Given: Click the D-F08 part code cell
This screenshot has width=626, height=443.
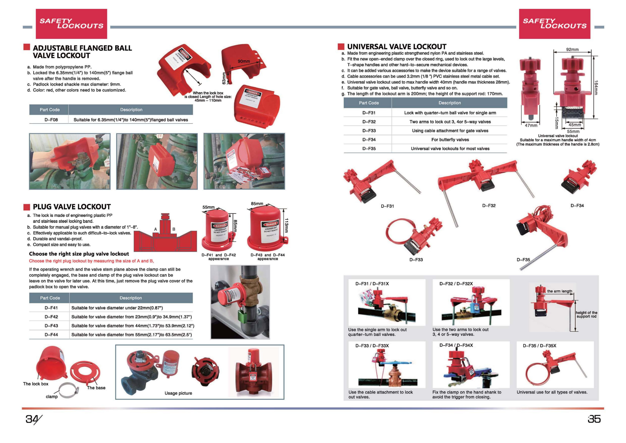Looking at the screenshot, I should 51,120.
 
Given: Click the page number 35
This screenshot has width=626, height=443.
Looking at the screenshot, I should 594,419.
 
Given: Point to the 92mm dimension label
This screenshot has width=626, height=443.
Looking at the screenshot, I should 572,49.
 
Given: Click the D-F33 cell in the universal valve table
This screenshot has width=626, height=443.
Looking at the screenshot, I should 369,131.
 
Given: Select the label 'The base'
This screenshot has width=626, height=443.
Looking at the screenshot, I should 96,388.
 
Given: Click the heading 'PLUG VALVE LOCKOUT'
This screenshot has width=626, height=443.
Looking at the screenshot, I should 72,207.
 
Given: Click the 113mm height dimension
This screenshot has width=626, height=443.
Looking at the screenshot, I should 286,225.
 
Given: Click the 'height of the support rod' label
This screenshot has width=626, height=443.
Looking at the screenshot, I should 586,314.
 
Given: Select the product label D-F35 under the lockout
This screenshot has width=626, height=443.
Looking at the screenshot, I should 523,260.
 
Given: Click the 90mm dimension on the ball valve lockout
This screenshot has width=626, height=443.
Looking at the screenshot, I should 243,61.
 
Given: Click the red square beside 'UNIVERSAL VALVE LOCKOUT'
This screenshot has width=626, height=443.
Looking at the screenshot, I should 341,46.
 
